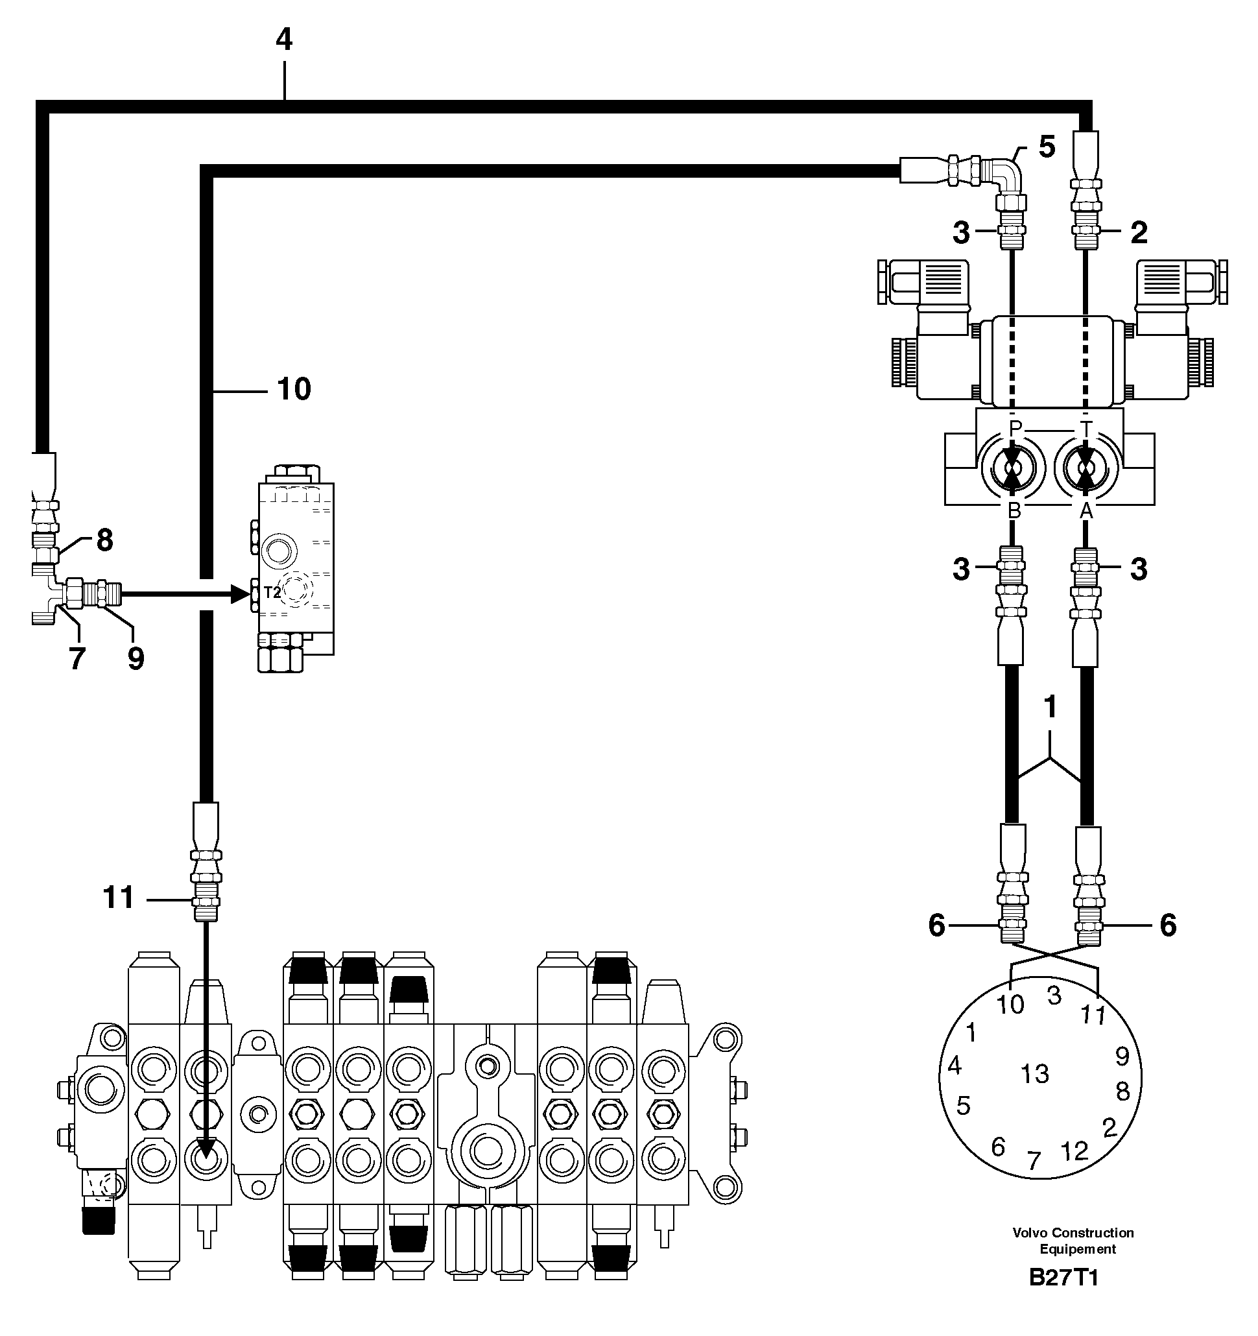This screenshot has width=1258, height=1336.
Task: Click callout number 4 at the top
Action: pos(283,40)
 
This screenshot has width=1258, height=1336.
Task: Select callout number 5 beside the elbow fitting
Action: pos(1047,147)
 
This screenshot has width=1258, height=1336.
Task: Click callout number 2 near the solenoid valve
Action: pos(1139,233)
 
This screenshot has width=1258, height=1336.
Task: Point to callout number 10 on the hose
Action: pos(294,389)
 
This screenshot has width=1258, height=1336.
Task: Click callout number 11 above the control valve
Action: pos(118,898)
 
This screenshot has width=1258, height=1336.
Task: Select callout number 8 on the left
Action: pos(104,540)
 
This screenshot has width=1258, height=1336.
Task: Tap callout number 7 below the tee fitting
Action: pos(77,658)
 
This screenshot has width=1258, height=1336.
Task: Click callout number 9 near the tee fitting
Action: pos(135,658)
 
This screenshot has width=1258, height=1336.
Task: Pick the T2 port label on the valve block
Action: pos(272,593)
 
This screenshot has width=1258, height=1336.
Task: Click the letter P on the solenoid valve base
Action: pos(1015,427)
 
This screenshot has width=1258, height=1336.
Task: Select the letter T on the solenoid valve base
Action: pos(1086,427)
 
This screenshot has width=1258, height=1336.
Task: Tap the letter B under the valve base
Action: pos(1014,511)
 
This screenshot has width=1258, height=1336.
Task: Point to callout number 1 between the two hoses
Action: pos(1050,706)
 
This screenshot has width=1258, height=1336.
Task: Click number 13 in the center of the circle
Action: pos(1034,1074)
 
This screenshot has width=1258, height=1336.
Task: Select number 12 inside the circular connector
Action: pos(1074,1151)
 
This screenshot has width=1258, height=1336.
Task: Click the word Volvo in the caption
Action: pos(1030,1232)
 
